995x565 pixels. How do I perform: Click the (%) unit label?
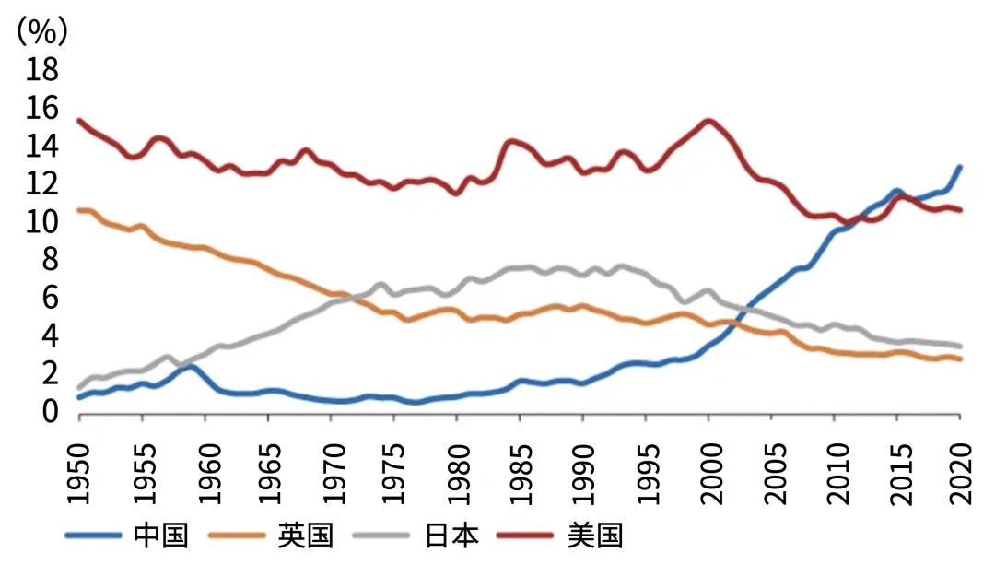[41, 32]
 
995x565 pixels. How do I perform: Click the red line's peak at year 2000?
[708, 121]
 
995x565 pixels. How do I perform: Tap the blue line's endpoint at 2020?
[960, 167]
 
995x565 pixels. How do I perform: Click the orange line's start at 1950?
[80, 211]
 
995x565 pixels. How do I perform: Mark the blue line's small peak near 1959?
[191, 367]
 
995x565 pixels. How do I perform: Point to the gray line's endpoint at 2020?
[960, 346]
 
